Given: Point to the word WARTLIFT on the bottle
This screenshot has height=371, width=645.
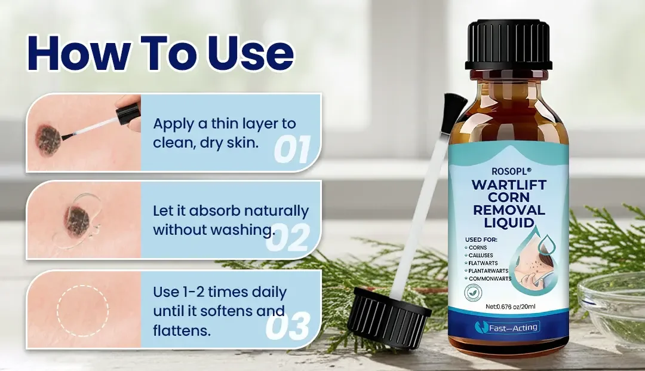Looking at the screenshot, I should tap(508, 185).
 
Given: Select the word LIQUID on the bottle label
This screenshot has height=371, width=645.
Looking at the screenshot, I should tap(509, 222).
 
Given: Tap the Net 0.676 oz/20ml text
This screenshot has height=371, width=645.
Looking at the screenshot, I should tap(511, 306).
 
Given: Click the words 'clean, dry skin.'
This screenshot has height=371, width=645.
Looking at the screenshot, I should tap(205, 143).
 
